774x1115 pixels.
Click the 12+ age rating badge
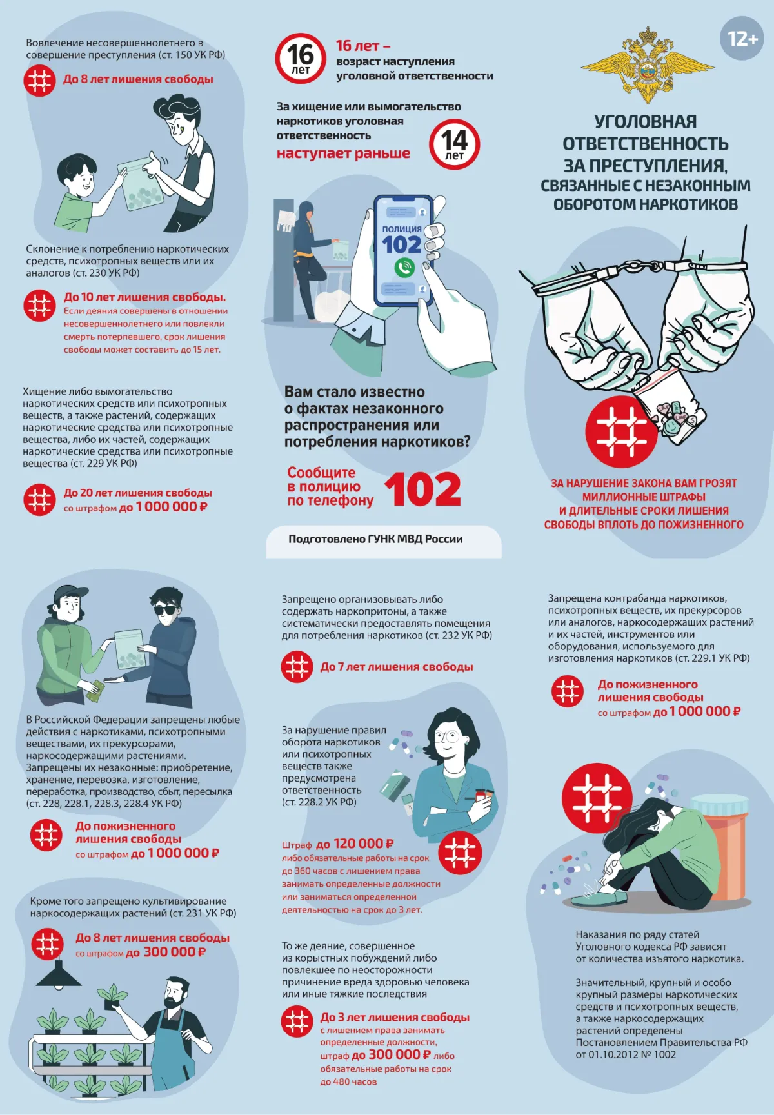pos(742,39)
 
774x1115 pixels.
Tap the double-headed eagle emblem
pos(646,65)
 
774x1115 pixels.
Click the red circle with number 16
pos(300,58)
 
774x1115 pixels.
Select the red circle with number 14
pos(454,144)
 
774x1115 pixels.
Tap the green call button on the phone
pos(404,266)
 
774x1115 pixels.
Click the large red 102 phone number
pos(423,490)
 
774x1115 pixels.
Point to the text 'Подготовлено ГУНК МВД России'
pos(375,539)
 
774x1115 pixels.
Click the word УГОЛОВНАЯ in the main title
pos(645,122)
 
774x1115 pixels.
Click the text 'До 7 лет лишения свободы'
pos(397,667)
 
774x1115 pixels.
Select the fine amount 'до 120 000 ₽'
pos(355,844)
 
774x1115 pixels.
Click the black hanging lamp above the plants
pos(59,974)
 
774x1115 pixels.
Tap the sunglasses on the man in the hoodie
pos(165,610)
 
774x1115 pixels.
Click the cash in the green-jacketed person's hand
pos(95,691)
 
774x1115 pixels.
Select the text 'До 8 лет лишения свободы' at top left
pos(138,79)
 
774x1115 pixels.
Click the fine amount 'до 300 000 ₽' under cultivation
pos(166,952)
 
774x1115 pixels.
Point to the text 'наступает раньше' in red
pos(343,153)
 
